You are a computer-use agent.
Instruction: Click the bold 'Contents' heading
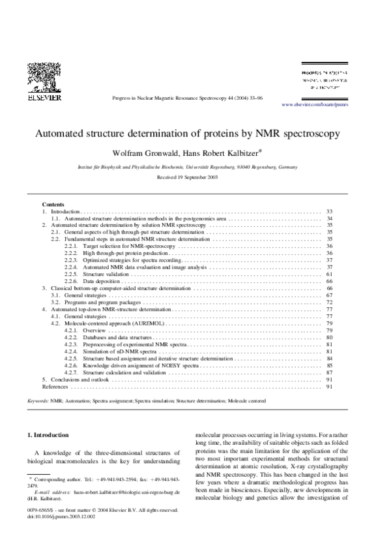coord(53,205)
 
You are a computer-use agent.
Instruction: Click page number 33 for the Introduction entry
coord(329,212)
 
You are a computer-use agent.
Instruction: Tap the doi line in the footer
coord(57,516)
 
